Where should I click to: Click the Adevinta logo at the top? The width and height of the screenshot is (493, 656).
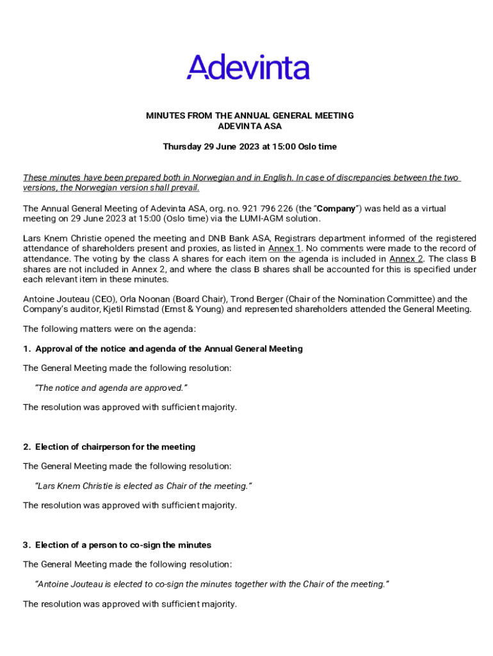(248, 67)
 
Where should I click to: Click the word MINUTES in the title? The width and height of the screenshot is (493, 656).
(165, 116)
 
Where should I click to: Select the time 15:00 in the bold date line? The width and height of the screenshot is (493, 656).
(284, 147)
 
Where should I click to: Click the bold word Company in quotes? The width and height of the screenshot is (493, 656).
(336, 209)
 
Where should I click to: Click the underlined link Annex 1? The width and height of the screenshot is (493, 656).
(284, 249)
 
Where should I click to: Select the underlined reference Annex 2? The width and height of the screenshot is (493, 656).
(406, 259)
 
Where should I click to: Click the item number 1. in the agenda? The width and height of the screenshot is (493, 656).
(27, 349)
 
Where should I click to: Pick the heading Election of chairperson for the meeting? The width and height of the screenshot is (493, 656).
(115, 447)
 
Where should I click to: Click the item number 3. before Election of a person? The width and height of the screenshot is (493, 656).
(27, 545)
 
